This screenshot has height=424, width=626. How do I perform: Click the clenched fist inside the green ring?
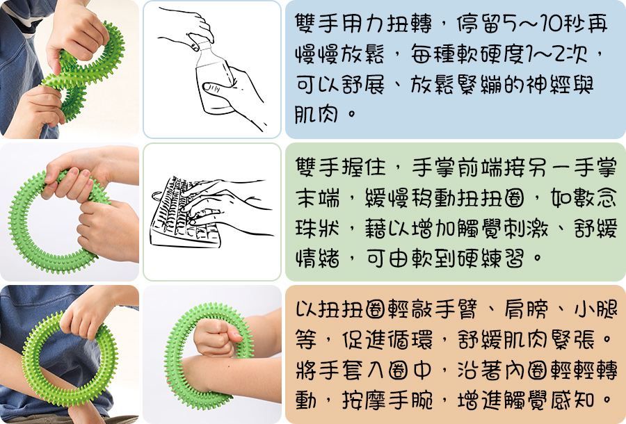coord(217,338)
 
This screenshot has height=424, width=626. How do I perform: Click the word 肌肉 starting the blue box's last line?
coord(316,114)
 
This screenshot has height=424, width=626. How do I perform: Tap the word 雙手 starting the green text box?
coord(316,168)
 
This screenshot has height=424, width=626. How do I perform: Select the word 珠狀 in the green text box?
coord(317,229)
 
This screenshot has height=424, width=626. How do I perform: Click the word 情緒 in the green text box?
coord(317,259)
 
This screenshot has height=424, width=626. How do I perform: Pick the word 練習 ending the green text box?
coord(501,259)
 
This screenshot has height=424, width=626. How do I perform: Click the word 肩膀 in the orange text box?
coord(526,310)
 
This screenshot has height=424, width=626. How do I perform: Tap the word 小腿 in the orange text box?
coord(595,310)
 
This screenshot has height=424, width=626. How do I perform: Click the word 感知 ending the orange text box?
coord(572,399)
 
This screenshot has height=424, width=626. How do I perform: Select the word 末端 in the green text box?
coord(317,198)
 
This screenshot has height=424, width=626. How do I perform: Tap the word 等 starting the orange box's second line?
coord(306,340)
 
